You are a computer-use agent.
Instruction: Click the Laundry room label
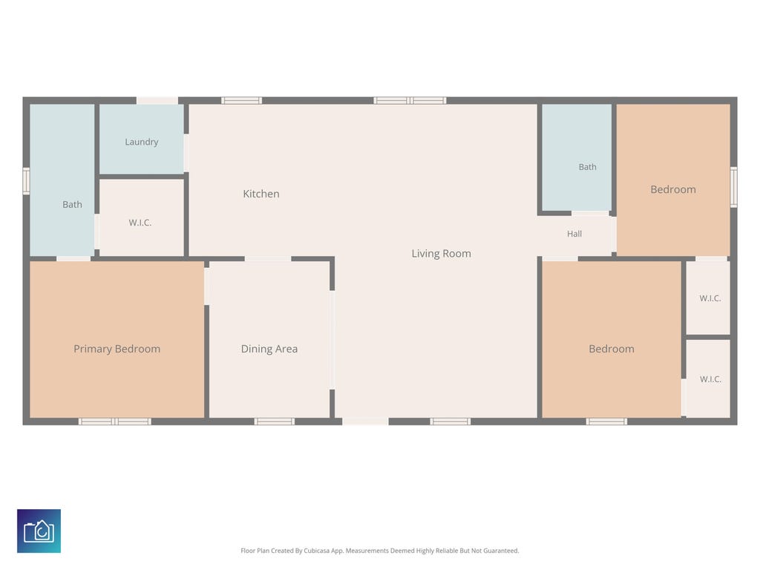click(142, 142)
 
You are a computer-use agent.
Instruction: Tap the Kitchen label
click(261, 194)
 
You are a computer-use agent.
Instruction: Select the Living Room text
click(441, 254)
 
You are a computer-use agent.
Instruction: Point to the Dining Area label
click(269, 349)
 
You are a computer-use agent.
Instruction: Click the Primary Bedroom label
click(117, 349)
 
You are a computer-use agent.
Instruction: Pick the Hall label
click(574, 234)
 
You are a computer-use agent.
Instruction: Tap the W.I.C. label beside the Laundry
click(140, 223)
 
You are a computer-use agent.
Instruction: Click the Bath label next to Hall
click(588, 167)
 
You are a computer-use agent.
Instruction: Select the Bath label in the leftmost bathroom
click(72, 205)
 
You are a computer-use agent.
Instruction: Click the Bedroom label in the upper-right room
click(672, 189)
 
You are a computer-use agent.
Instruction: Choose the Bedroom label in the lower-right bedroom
click(612, 349)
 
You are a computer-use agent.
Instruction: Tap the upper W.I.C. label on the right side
click(710, 298)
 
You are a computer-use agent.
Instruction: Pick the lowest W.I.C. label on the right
click(710, 379)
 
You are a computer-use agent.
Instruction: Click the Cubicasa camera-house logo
click(39, 531)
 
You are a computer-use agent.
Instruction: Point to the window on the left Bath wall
click(26, 181)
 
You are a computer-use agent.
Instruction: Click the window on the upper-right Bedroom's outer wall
click(734, 187)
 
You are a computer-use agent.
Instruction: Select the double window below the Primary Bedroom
click(115, 422)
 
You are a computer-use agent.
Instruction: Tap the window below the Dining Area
click(275, 422)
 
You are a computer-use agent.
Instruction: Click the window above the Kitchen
click(242, 100)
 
